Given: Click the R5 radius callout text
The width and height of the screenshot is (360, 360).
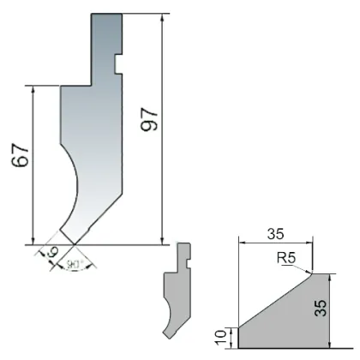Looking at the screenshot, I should tap(287, 256).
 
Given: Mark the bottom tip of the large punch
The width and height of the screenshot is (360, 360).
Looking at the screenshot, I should tap(69, 243).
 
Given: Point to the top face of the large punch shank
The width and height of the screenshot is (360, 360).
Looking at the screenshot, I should tap(106, 14).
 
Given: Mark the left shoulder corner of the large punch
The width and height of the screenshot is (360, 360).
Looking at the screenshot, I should tap(60, 85).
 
